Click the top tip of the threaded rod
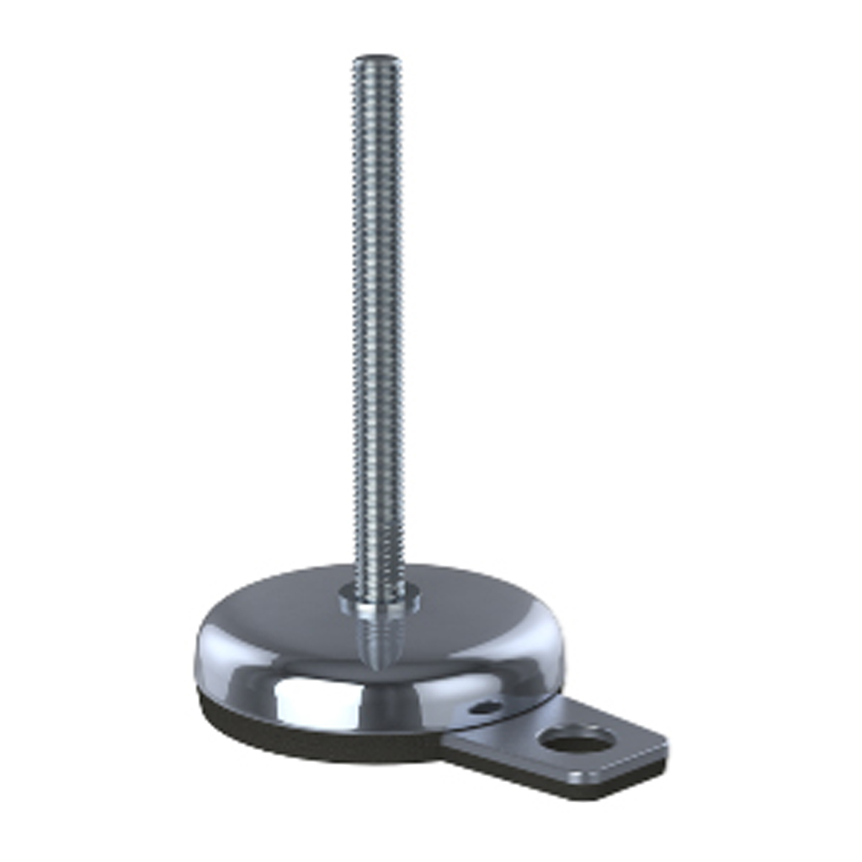(x=376, y=59)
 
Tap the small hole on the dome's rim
(x=486, y=708)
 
